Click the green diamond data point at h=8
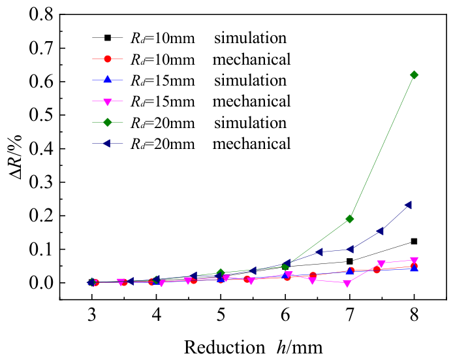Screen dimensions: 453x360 pos(414,75)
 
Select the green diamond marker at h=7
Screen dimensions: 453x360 pos(350,219)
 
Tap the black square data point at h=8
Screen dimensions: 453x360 pos(414,241)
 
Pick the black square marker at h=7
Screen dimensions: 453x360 pos(350,261)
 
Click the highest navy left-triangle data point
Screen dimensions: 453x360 pos(408,205)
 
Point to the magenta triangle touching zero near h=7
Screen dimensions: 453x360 pos(347,284)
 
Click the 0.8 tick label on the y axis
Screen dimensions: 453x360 pos(41,14)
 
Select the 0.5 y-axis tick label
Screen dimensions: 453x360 pos(41,115)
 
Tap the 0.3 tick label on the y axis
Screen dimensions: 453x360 pos(41,182)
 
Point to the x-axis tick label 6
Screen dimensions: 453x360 pos(285,315)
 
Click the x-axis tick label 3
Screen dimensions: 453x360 pos(92,315)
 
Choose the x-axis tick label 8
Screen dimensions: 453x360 pos(414,315)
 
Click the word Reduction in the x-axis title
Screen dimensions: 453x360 pos(225,347)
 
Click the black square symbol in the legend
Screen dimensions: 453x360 pos(108,38)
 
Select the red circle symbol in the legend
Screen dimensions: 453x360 pos(108,59)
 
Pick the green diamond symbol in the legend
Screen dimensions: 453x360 pos(108,122)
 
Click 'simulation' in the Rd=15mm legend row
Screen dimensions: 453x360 pos(250,80)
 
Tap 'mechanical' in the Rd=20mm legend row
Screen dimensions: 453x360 pos(252,144)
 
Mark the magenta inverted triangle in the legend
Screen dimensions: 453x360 pos(108,102)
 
